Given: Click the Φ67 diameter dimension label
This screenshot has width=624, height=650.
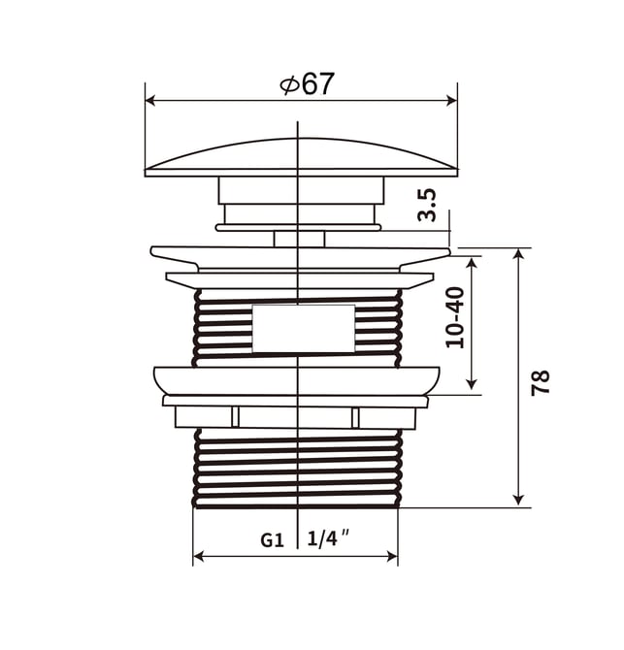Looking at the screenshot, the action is point(307,84).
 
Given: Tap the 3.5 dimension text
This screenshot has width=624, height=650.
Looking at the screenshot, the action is point(427,206).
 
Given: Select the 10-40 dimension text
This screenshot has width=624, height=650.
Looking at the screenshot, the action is point(455,317).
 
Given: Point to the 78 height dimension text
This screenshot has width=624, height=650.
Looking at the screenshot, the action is point(541,382).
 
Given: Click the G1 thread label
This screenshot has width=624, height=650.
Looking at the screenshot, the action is point(273,540).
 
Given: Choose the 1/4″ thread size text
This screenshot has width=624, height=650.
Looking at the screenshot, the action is point(328,538).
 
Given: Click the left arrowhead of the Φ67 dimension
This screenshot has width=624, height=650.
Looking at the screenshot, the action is point(150,100).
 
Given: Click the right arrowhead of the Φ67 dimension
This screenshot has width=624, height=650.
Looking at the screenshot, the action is point(451,100).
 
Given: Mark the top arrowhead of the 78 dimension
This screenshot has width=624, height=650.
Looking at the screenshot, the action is point(518,254).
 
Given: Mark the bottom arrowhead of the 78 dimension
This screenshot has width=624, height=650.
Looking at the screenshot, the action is point(518,500).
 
